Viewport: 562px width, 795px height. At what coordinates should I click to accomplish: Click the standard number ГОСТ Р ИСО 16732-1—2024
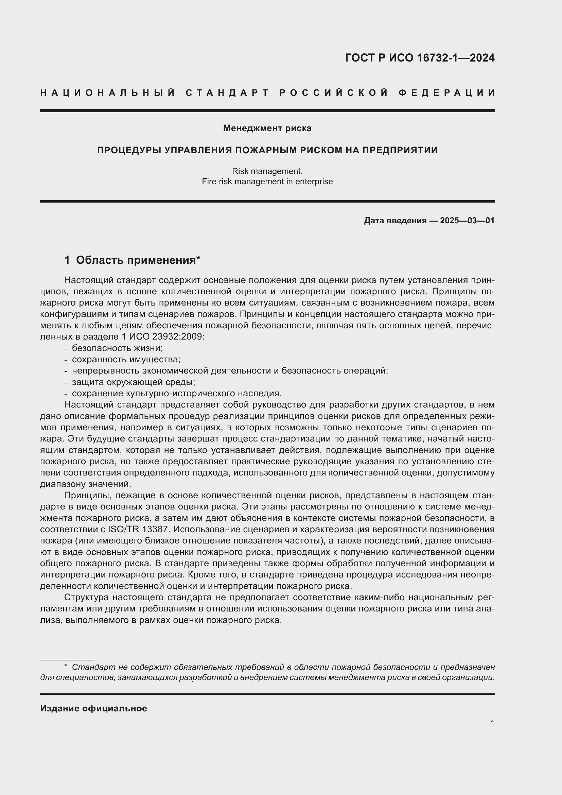point(419,58)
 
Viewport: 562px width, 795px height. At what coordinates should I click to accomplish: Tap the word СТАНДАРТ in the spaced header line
point(227,93)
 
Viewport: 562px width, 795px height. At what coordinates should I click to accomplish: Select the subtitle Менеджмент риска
point(267,128)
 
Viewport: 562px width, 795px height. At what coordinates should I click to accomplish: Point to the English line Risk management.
point(267,171)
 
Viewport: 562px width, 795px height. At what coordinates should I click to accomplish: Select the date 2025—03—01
point(467,221)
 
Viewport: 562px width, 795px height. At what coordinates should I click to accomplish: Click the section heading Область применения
point(136,260)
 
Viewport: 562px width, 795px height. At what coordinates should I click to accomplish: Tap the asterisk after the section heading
point(198,258)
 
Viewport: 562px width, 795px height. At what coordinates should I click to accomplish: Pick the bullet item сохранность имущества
point(126,359)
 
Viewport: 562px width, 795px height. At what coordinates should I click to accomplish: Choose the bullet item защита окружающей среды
point(134,382)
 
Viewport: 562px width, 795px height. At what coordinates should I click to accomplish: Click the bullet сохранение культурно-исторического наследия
point(177,393)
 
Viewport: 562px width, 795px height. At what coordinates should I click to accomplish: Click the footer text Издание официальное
point(93,708)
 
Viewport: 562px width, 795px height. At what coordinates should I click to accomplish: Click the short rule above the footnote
point(67,660)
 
